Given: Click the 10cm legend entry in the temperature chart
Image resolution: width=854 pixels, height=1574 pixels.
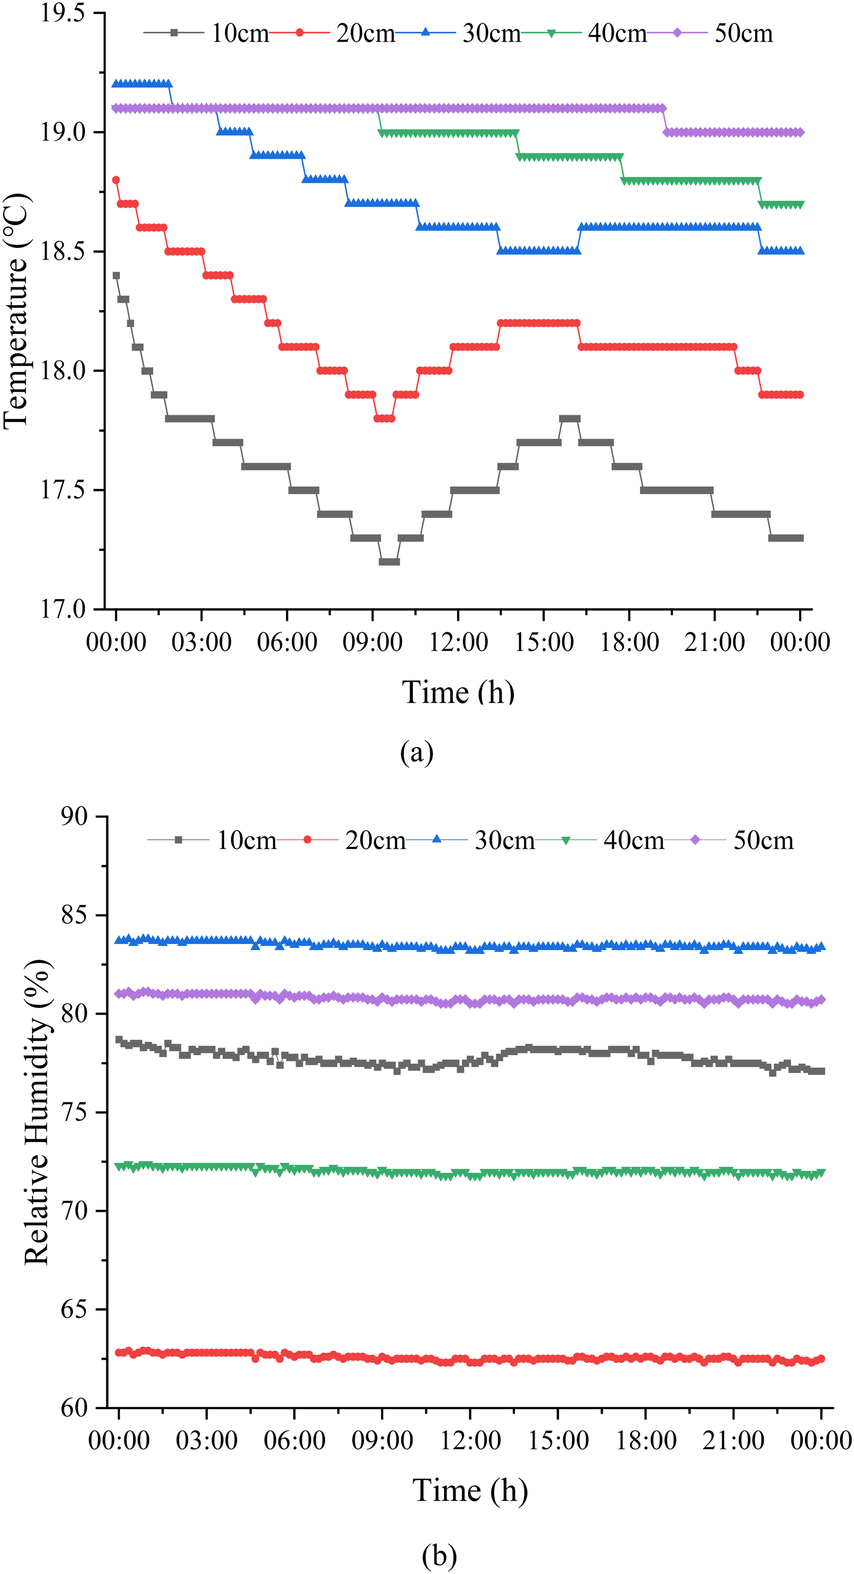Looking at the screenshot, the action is click(x=207, y=33).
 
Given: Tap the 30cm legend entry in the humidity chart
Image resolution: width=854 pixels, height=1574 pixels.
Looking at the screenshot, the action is click(x=471, y=840).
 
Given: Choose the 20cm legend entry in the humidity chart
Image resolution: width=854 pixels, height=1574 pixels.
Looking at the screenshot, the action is click(x=341, y=840).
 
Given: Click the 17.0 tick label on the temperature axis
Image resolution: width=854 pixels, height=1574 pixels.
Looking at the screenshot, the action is click(x=62, y=609).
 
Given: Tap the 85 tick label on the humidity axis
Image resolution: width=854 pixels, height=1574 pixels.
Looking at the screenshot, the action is click(x=75, y=915).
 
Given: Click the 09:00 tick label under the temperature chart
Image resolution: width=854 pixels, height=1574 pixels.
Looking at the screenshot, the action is click(x=372, y=642).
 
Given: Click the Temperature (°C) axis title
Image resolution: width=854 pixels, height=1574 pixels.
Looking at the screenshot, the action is click(x=17, y=311).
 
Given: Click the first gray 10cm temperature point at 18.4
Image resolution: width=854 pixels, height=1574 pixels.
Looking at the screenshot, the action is click(x=116, y=275).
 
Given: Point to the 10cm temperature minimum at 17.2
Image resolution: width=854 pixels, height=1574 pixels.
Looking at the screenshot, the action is click(x=389, y=561).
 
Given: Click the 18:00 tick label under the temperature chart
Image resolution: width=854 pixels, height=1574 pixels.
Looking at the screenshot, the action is click(x=629, y=642).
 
